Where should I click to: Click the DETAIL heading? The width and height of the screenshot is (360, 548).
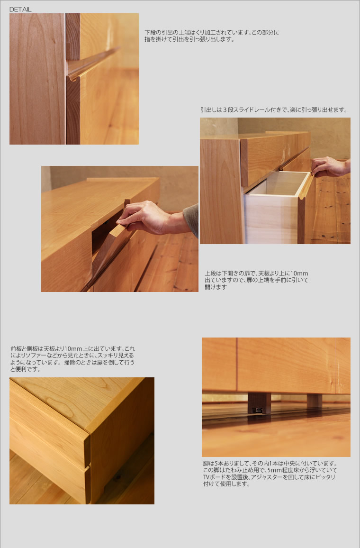pos(20,9)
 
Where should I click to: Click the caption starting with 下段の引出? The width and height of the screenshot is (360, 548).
pos(212,36)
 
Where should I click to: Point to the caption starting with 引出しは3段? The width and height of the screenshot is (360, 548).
pos(274,110)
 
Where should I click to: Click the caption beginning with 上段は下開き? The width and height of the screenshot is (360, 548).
pos(257,280)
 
